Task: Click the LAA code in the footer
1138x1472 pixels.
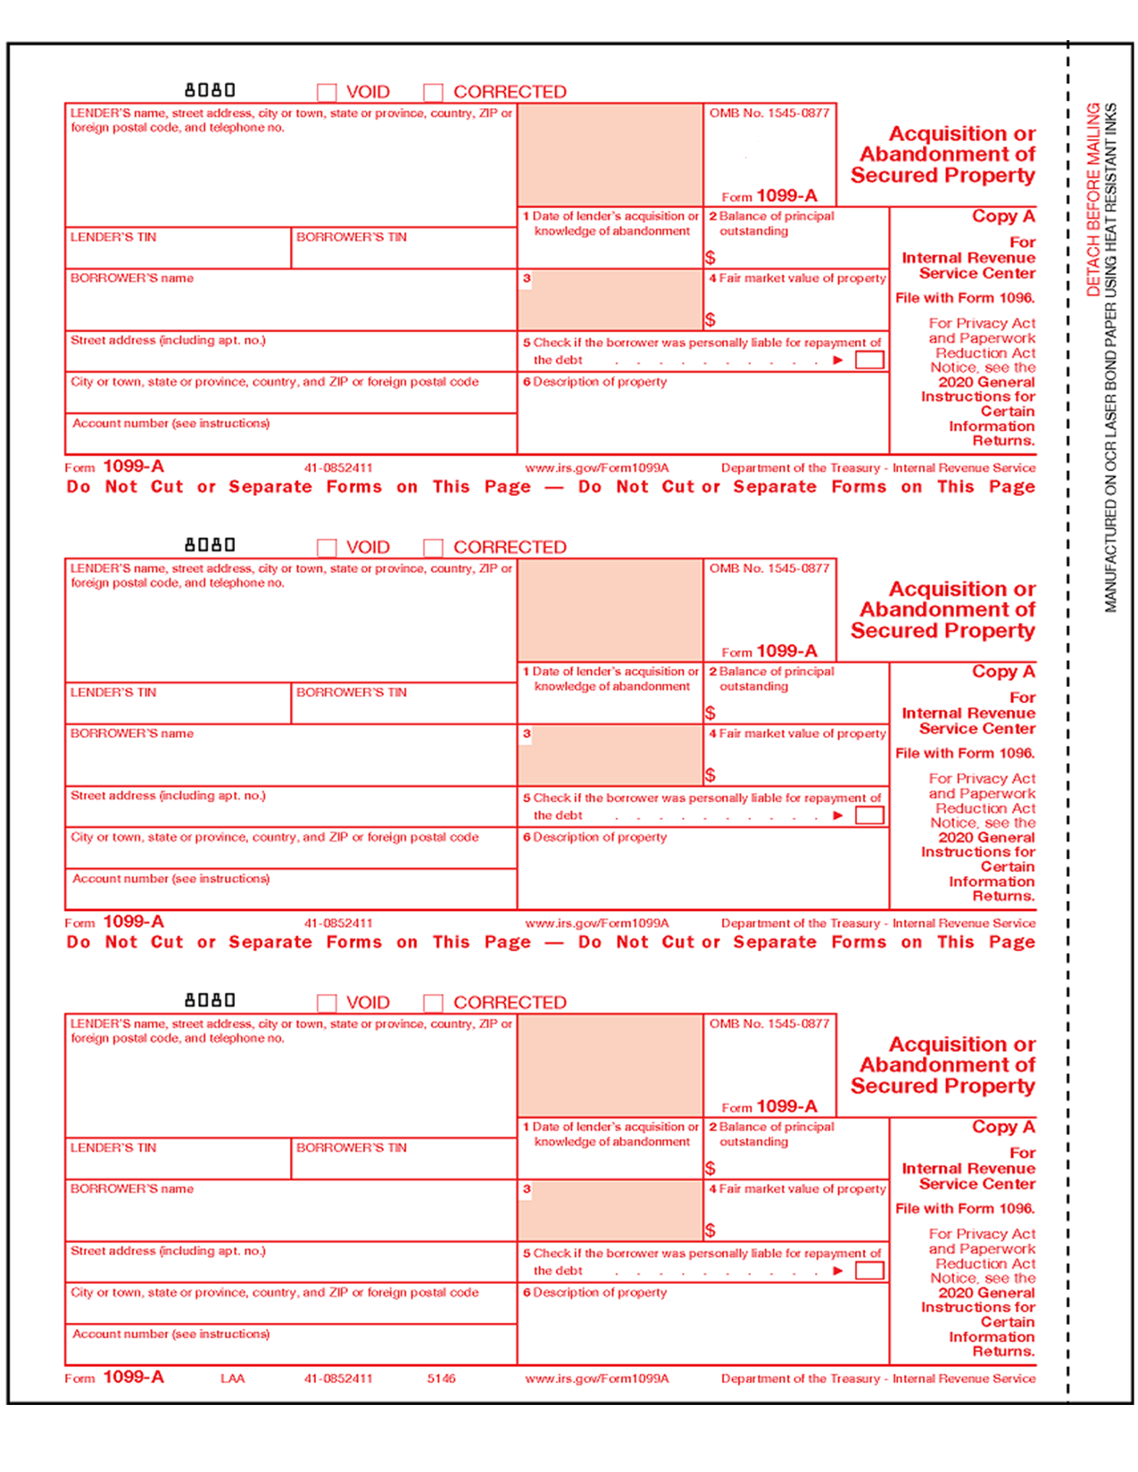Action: tap(232, 1378)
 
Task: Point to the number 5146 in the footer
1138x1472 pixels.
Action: tap(441, 1378)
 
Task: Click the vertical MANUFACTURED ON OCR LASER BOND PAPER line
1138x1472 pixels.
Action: tap(1111, 357)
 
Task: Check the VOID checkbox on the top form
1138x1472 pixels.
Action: tap(327, 92)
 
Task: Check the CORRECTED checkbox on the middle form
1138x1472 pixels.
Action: tap(433, 548)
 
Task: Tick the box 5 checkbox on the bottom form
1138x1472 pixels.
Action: tap(869, 1270)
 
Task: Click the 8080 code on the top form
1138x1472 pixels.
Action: tap(210, 90)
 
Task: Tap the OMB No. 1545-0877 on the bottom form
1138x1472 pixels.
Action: tap(769, 1024)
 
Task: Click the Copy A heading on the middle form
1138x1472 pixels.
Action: tap(1003, 672)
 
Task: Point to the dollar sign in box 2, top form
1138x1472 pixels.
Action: tap(710, 258)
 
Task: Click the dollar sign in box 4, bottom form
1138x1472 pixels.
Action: tap(710, 1231)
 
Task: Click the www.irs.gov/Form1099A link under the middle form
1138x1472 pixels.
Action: tap(596, 923)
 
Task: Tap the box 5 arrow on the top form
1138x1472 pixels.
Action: tap(837, 360)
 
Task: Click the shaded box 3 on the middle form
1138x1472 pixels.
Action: tap(610, 755)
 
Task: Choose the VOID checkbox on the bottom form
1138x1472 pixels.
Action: tap(327, 1003)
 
